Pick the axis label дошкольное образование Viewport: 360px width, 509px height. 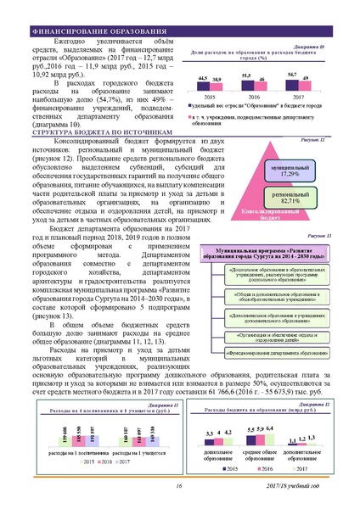(x=219, y=457)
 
